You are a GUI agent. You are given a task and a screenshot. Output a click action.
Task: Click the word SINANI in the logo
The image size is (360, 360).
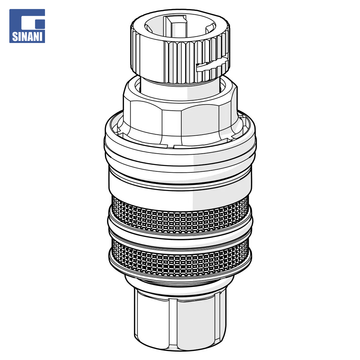(27, 37)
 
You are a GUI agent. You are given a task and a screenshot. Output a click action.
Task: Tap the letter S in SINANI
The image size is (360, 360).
(15, 37)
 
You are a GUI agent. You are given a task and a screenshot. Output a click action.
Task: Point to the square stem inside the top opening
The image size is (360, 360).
(178, 25)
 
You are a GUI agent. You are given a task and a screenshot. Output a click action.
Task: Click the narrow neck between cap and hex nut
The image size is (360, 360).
(180, 88)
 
